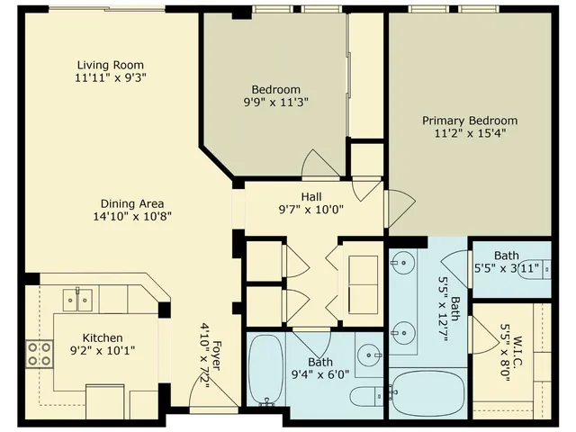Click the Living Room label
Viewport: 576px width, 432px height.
click(110, 65)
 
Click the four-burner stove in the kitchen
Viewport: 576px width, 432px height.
click(39, 354)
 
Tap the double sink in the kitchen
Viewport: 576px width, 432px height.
click(78, 299)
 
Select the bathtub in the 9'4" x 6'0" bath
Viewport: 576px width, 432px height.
click(266, 369)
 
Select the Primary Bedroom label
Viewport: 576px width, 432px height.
click(470, 121)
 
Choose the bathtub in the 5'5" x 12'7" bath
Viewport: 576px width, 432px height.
click(427, 391)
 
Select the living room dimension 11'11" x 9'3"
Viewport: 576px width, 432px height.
click(110, 77)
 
